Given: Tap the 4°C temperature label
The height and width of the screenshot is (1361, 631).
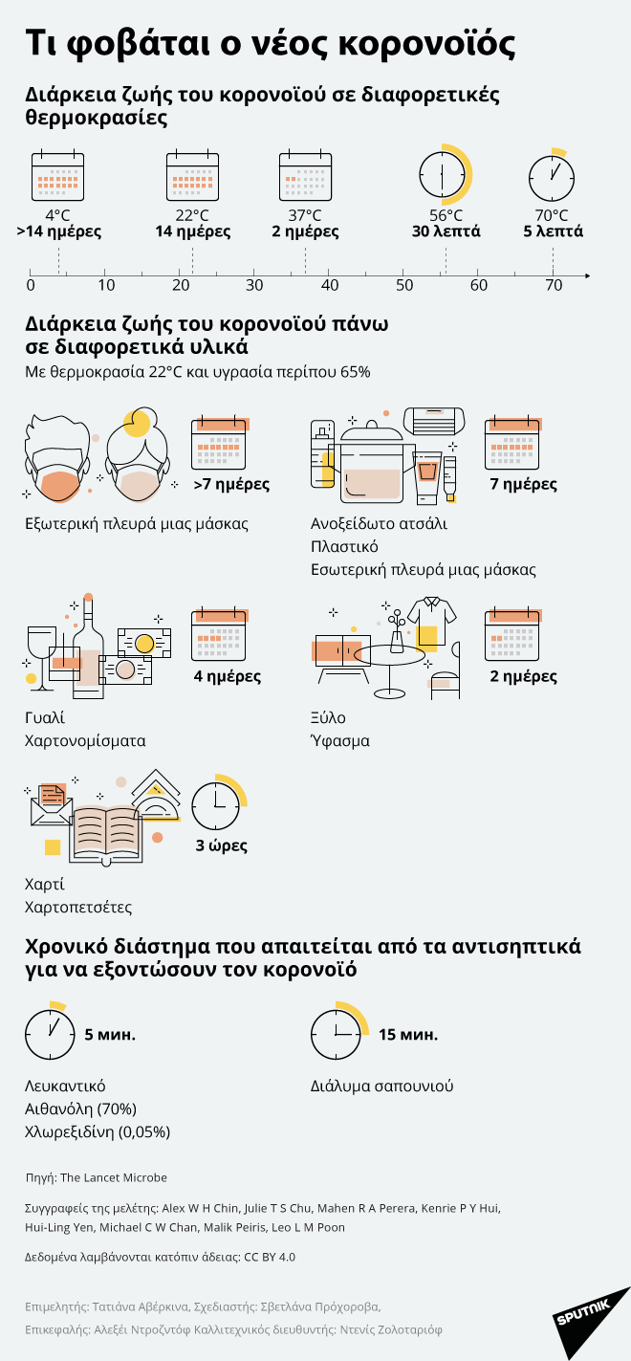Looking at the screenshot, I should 58,215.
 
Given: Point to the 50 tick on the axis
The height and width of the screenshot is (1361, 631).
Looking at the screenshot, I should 404,285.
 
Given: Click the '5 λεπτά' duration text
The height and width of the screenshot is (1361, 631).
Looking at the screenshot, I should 553,231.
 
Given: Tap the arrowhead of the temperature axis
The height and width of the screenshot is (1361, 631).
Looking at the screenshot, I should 584,276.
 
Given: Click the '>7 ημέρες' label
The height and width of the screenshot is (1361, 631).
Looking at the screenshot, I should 230,484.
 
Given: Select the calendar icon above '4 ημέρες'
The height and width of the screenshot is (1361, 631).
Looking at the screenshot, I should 220,635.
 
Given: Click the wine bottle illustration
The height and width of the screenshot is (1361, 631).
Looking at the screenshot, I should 88,646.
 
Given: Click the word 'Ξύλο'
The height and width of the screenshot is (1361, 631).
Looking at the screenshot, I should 328,717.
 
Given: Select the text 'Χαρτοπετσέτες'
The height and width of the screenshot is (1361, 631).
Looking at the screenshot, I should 78,907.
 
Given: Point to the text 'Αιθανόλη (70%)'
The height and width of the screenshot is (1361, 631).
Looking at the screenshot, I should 80,1109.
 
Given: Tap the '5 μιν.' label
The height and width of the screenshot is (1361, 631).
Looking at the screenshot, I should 110,1035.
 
